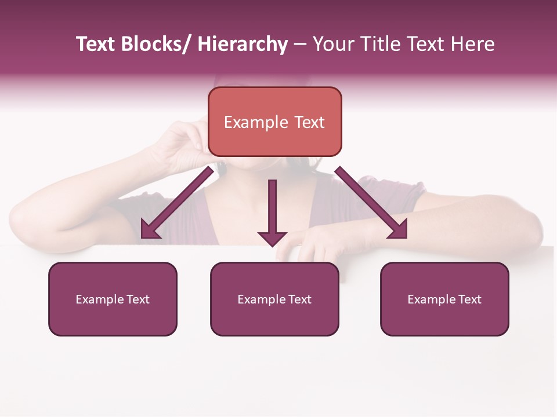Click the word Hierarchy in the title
click(x=243, y=45)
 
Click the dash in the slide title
click(x=300, y=45)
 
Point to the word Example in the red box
click(x=256, y=122)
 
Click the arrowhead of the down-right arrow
click(x=399, y=229)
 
